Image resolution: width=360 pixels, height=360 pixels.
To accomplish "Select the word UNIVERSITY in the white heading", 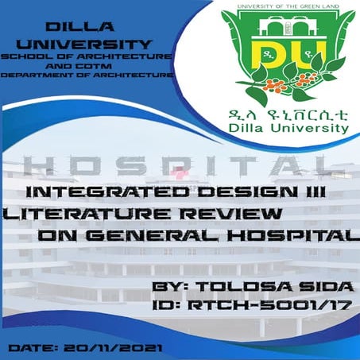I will [87, 43].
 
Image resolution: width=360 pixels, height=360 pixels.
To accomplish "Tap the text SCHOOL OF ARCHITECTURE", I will [87, 57].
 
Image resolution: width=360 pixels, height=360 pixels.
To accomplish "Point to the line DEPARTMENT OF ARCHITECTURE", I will [87, 75].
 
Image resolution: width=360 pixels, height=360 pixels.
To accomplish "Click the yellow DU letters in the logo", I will [287, 49].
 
